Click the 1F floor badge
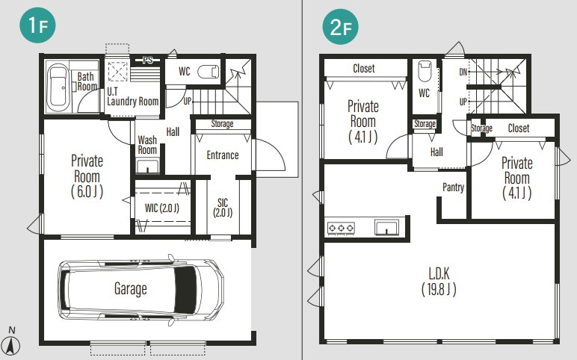pos(37,25)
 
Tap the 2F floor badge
pos(340,26)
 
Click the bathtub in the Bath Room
pos(58,87)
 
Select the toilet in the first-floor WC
pos(209,72)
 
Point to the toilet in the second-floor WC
pos(425,72)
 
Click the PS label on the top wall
pos(148,60)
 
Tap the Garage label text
pos(131,288)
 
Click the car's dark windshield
pos(185,290)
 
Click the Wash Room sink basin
pos(147,166)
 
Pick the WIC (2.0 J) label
pos(162,208)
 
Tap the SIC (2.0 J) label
pos(223,208)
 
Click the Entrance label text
pos(223,155)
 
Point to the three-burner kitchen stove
pos(341,228)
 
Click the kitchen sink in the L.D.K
pos(386,227)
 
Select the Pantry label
pos(454,187)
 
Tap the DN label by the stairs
pos(463,72)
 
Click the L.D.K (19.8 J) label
pos(439,282)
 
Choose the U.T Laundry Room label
pos(133,96)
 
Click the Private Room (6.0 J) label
pos(87,176)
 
